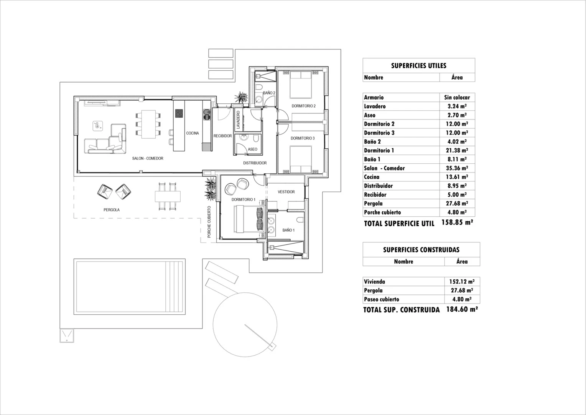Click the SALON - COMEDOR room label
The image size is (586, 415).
coord(148,158)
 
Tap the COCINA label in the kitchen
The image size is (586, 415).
coord(192,133)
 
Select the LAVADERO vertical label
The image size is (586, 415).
coord(238,120)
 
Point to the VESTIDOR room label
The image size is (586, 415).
coord(286,192)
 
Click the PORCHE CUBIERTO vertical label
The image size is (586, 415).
coord(209,222)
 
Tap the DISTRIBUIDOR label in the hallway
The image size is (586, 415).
coord(255,163)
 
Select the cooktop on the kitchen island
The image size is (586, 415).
coord(179,113)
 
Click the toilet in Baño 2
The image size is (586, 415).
coord(259,87)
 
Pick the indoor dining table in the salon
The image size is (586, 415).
coord(148,124)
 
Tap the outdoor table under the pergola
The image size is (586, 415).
coord(168,196)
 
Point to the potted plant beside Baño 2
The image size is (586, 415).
coord(241,97)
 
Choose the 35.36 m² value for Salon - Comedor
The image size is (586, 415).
coord(457,168)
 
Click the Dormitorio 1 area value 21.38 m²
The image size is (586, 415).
coord(457,151)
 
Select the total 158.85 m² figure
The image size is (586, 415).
coord(457,222)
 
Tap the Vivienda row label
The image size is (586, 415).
coord(374,282)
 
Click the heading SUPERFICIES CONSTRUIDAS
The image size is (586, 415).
coord(421,250)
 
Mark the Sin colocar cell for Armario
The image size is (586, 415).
coord(457,98)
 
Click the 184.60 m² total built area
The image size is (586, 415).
coord(462,309)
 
